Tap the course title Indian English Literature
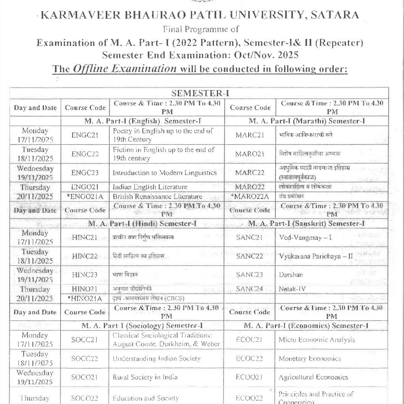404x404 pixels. [x=150, y=187]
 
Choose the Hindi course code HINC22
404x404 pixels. [x=85, y=256]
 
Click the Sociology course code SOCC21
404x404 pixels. [x=84, y=340]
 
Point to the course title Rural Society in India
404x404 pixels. [x=145, y=378]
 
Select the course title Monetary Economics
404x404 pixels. [x=310, y=359]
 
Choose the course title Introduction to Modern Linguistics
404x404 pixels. [x=165, y=172]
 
